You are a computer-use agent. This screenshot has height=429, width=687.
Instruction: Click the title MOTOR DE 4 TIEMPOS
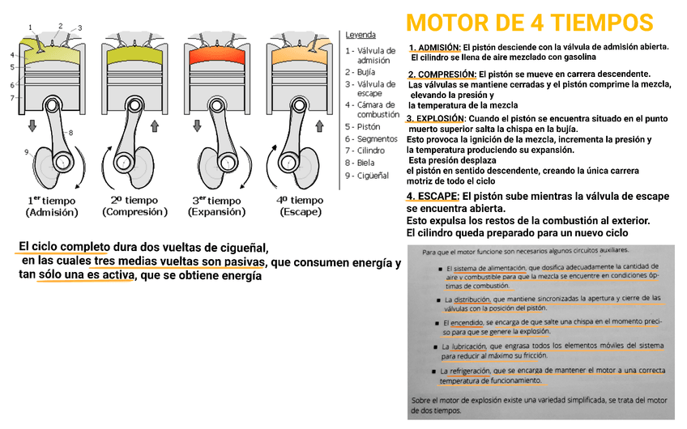[x=529, y=22]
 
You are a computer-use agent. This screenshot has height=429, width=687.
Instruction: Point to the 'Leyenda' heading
[x=361, y=35]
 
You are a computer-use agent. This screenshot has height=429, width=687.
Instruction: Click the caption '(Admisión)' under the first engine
[x=52, y=212]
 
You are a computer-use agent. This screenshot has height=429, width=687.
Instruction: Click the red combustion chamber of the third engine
[x=217, y=57]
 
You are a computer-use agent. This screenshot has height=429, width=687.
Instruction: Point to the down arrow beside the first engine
[x=32, y=125]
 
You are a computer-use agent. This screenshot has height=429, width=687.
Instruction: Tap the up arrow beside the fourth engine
[x=321, y=125]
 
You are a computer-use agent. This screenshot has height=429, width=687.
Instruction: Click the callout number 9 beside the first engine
[x=26, y=151]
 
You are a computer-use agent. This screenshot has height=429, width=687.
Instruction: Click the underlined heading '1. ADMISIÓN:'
[x=435, y=47]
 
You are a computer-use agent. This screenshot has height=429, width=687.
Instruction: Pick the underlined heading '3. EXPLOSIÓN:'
[x=437, y=118]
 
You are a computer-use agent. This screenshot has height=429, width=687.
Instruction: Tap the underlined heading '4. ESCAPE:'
[x=433, y=196]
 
